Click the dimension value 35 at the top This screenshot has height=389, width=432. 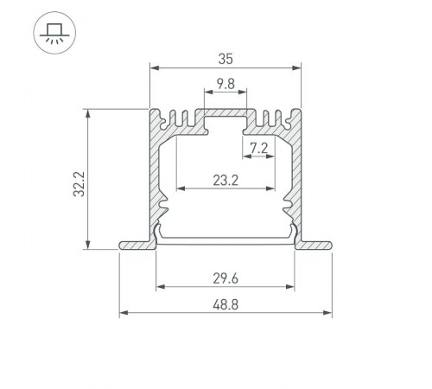click(225, 60)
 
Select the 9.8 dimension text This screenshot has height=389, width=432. click(225, 84)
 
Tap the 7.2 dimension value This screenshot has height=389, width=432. click(257, 148)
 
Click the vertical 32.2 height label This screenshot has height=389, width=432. click(78, 183)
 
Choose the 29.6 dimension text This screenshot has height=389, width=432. click(225, 278)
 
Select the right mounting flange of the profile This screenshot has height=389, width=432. click(314, 246)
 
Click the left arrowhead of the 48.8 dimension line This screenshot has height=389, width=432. click(122, 314)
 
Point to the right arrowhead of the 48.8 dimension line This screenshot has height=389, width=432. click(328, 314)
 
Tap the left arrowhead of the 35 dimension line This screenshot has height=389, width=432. click(154, 69)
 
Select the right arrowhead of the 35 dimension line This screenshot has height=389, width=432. click(295, 69)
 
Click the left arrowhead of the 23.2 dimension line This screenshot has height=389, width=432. click(180, 188)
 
